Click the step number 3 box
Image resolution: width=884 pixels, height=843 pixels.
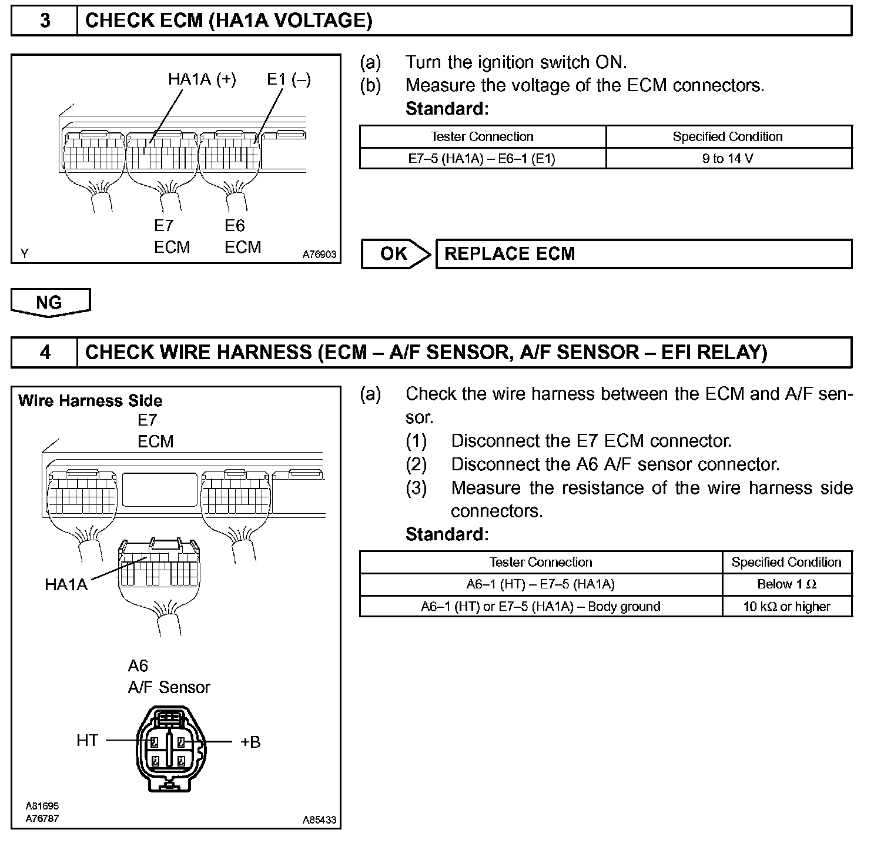tap(45, 21)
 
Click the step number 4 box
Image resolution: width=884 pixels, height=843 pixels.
tap(45, 353)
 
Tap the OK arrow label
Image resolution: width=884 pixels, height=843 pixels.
tap(394, 254)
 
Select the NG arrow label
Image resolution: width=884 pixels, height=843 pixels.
tap(49, 302)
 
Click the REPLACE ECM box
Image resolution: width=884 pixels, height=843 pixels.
tap(643, 254)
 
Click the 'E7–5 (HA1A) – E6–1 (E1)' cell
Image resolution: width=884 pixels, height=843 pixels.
tap(482, 158)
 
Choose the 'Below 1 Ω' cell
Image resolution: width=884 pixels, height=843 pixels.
tap(786, 584)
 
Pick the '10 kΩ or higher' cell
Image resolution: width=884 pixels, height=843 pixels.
tap(786, 607)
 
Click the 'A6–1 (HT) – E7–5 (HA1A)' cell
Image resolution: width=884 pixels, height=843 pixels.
tap(540, 584)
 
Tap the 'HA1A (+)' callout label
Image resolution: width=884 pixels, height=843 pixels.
tap(202, 79)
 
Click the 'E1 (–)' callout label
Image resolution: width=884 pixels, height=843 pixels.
tap(289, 79)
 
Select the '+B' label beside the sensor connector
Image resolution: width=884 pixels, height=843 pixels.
tap(250, 742)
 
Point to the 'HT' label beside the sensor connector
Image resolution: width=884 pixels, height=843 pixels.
tap(87, 741)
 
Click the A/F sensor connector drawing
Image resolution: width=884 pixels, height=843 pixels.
tap(169, 748)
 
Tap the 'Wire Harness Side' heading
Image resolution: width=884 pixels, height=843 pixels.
tap(90, 401)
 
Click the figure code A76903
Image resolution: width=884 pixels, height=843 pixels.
tap(319, 255)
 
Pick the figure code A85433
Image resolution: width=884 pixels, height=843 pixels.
tap(319, 820)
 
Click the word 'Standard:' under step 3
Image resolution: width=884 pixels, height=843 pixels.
tap(447, 109)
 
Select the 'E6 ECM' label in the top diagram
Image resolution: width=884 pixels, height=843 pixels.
tap(242, 236)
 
